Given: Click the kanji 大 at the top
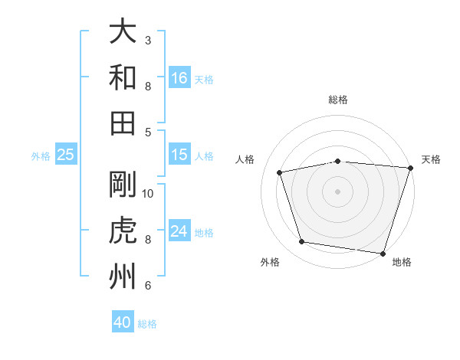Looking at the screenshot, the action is (x=123, y=31).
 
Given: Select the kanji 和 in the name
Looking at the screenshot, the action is (x=123, y=77).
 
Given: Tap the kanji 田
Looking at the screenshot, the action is (x=123, y=123).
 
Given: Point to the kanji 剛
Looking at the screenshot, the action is (x=123, y=184).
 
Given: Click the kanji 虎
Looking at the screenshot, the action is (x=123, y=230).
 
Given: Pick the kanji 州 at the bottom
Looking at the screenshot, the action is (x=123, y=276).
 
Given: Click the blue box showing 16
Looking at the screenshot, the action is (x=179, y=77).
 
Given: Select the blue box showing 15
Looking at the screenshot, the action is (x=179, y=154).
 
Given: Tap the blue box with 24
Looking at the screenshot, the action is (x=179, y=230).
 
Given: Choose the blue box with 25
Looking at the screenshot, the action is (x=66, y=154).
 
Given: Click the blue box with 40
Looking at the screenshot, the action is (x=123, y=321).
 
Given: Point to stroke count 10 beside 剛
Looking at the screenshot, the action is (x=147, y=194).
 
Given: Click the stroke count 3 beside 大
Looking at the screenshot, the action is (x=148, y=41).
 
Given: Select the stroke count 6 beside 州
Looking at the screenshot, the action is (x=148, y=285).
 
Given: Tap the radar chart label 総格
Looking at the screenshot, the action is (x=338, y=100).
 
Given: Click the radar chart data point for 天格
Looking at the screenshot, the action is (x=411, y=168).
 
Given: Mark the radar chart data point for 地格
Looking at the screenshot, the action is (x=383, y=254).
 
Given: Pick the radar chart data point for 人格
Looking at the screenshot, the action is (x=279, y=172).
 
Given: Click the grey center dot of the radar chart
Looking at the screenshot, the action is (x=337, y=191).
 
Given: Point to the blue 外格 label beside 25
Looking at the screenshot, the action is (x=41, y=156).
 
